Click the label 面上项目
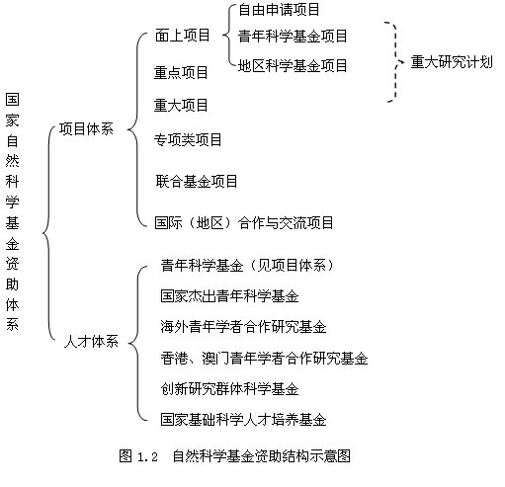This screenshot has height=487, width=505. [x=183, y=35]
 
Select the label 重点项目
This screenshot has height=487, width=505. [x=181, y=72]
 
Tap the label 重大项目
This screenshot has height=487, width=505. [x=181, y=106]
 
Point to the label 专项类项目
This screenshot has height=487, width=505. [x=188, y=139]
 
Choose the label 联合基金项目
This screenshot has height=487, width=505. [x=197, y=181]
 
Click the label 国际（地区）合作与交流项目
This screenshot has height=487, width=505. [x=244, y=223]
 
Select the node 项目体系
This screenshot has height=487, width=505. [x=86, y=128]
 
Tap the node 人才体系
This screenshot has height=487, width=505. [x=91, y=341]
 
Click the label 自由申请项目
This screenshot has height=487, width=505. [x=279, y=9]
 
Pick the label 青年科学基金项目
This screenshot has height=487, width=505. [x=293, y=36]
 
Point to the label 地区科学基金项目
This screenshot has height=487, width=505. [x=293, y=65]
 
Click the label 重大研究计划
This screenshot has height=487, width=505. [x=452, y=62]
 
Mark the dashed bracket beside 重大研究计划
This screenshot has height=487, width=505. [x=395, y=62]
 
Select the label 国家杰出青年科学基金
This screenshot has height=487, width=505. [x=229, y=296]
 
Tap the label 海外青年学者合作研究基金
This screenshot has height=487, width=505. [x=243, y=327]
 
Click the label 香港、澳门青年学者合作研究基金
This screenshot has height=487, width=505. [x=264, y=359]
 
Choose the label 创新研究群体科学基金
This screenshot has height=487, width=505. [x=229, y=389]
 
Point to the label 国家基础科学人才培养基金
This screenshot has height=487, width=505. [x=243, y=420]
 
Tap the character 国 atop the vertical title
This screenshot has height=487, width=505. [x=12, y=100]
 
